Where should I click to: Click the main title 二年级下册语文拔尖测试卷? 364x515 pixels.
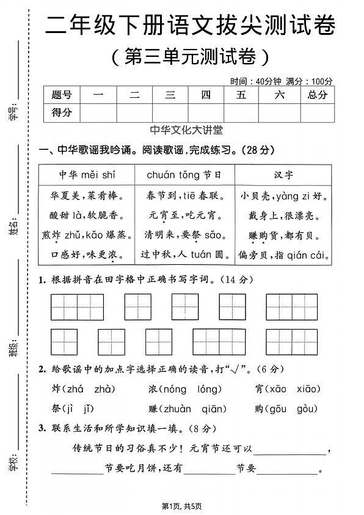click(x=190, y=26)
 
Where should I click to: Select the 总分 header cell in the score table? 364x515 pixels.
click(x=318, y=95)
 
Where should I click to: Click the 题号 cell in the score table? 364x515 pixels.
click(x=62, y=95)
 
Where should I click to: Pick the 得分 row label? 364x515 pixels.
click(x=62, y=113)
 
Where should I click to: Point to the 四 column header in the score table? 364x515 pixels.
click(x=206, y=95)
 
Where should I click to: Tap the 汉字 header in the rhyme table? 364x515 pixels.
click(x=283, y=174)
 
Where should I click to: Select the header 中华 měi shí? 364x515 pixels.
click(x=87, y=174)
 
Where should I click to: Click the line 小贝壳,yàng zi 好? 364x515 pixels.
click(x=283, y=196)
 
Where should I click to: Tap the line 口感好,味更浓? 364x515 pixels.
click(x=87, y=254)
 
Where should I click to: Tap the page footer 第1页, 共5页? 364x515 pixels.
click(x=181, y=506)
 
